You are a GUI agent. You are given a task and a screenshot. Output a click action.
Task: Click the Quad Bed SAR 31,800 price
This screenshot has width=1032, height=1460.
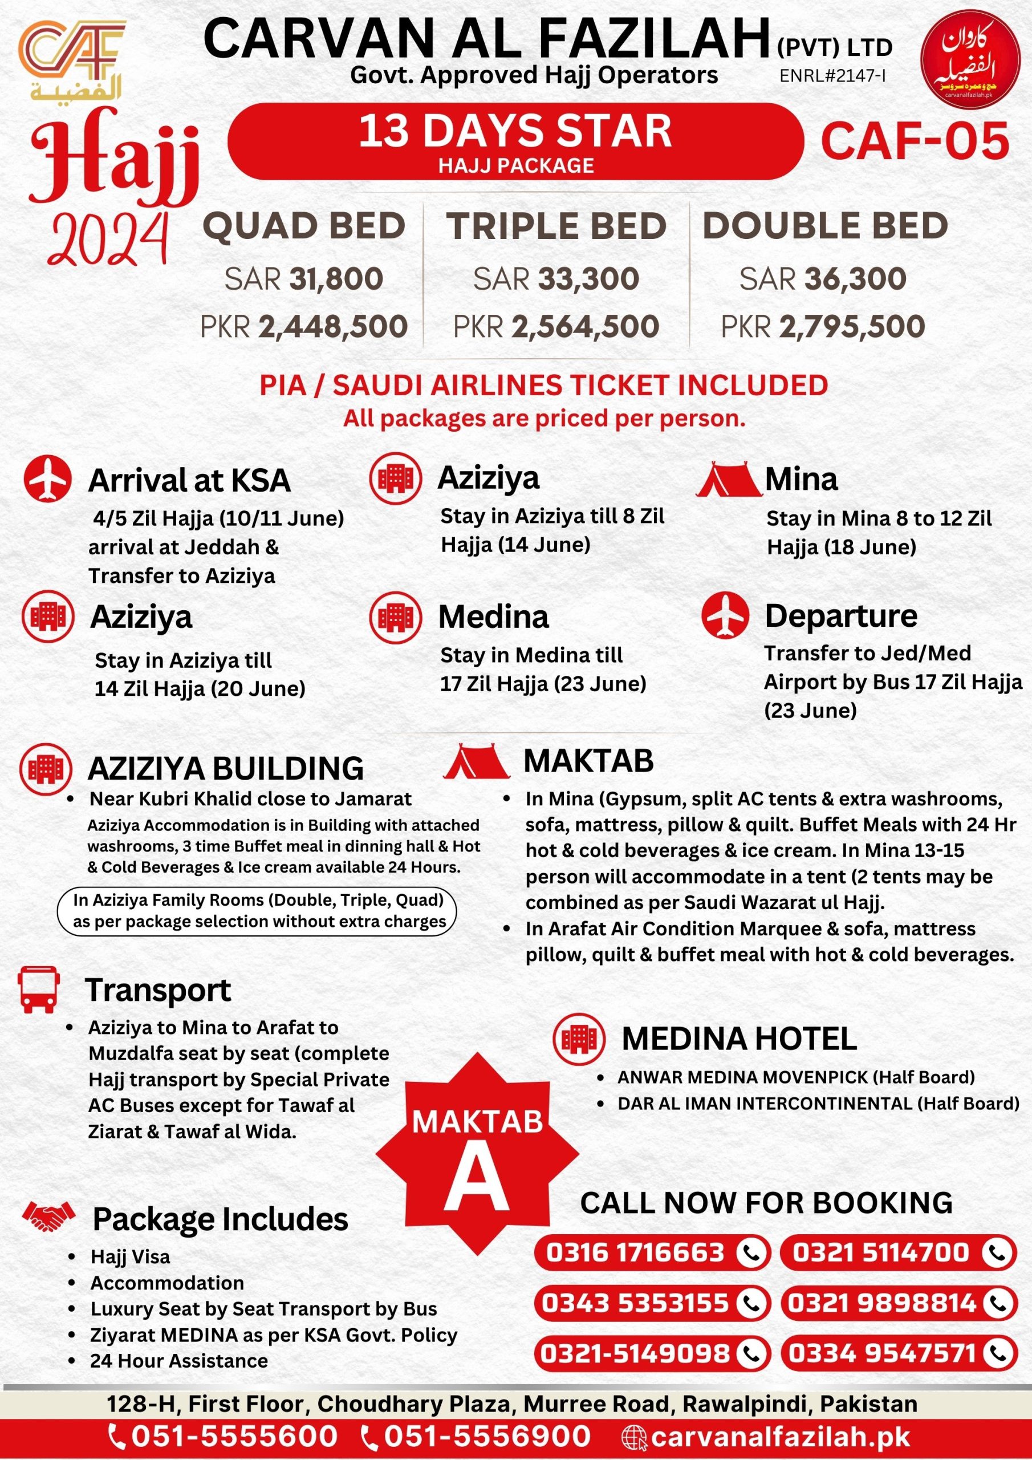[x=304, y=279]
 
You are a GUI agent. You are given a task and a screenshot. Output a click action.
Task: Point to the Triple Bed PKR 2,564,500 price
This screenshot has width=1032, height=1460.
[x=556, y=327]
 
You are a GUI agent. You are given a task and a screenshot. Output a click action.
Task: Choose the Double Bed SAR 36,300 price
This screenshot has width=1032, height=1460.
[x=823, y=279]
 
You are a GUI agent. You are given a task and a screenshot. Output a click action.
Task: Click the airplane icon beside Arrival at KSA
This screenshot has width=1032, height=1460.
[x=48, y=478]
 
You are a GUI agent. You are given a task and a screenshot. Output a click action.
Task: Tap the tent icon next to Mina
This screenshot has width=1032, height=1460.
[x=728, y=480]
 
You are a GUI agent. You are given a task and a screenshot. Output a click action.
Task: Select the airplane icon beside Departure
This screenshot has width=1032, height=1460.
[x=725, y=615]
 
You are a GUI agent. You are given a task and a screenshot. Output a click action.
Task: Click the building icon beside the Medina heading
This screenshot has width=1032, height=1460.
[x=395, y=617]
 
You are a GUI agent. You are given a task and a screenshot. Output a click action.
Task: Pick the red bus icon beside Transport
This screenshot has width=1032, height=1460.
[x=39, y=989]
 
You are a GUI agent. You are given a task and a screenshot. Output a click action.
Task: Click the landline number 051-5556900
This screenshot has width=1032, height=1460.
[x=487, y=1437]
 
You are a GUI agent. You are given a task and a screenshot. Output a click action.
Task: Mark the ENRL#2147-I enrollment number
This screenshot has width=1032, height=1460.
[x=833, y=76]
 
